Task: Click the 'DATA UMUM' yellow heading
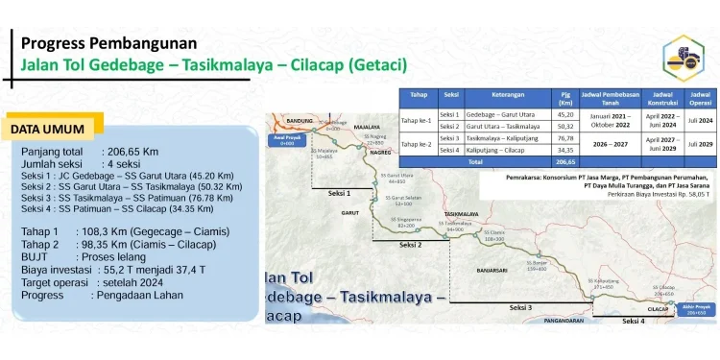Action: pos(47,129)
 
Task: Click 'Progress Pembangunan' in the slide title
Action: pos(108,43)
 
